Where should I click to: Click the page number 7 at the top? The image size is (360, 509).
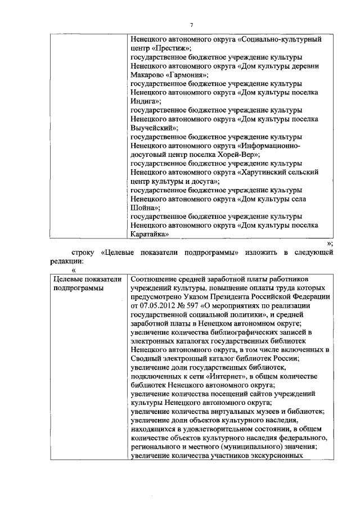pos(191,25)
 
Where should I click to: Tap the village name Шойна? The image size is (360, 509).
pos(144,208)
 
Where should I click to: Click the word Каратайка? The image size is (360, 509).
pos(149,234)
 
